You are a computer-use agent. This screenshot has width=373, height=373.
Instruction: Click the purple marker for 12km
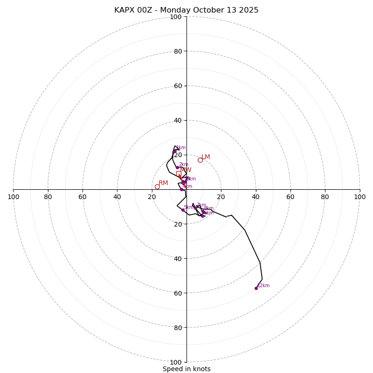256,288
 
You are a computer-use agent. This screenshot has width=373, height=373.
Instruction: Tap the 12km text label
263,286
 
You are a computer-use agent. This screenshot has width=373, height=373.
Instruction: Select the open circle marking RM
157,186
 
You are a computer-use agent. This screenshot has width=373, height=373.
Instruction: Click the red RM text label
163,183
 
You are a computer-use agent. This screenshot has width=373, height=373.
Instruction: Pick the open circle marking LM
200,160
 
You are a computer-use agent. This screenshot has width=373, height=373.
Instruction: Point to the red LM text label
206,157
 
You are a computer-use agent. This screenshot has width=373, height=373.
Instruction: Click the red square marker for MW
179,173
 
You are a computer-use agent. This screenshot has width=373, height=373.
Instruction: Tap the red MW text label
186,170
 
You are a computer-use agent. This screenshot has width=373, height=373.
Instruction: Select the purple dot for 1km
175,151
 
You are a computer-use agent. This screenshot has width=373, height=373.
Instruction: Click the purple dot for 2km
177,168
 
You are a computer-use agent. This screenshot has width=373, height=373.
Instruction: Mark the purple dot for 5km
183,210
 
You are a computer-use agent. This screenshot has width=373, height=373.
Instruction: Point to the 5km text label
189,207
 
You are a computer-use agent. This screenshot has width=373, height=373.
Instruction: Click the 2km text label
184,165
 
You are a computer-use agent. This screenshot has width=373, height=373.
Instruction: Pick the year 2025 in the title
249,10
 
